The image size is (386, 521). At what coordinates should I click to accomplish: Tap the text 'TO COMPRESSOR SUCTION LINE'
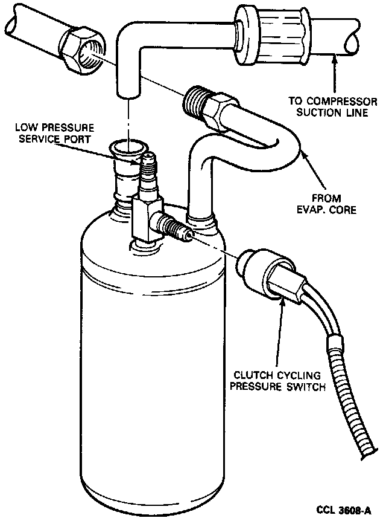[334, 106]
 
